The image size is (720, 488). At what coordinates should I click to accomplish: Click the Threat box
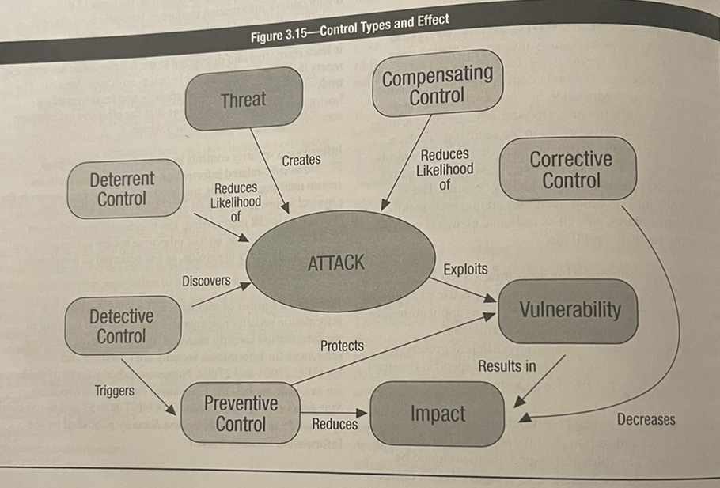click(x=244, y=99)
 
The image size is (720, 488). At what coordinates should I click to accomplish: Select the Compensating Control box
click(x=438, y=85)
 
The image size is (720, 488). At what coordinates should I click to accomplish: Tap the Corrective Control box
click(x=570, y=169)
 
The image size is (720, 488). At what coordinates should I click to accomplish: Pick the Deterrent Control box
click(x=123, y=188)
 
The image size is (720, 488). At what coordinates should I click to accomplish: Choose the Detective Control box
click(x=121, y=326)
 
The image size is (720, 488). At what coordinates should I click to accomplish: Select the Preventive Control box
click(x=241, y=413)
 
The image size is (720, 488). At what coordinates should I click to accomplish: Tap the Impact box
click(x=438, y=413)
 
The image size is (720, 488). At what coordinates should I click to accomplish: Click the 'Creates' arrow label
click(x=301, y=160)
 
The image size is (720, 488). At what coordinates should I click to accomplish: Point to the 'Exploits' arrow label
click(x=465, y=269)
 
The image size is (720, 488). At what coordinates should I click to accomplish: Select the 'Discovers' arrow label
click(x=206, y=281)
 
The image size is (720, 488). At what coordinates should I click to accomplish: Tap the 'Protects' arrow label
click(x=342, y=346)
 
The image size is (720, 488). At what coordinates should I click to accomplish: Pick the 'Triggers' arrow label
click(x=114, y=390)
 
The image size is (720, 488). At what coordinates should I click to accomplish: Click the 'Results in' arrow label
click(x=506, y=365)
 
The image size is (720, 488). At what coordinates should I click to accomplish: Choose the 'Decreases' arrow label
click(x=646, y=419)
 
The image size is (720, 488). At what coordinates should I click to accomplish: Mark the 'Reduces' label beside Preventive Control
click(x=335, y=424)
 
